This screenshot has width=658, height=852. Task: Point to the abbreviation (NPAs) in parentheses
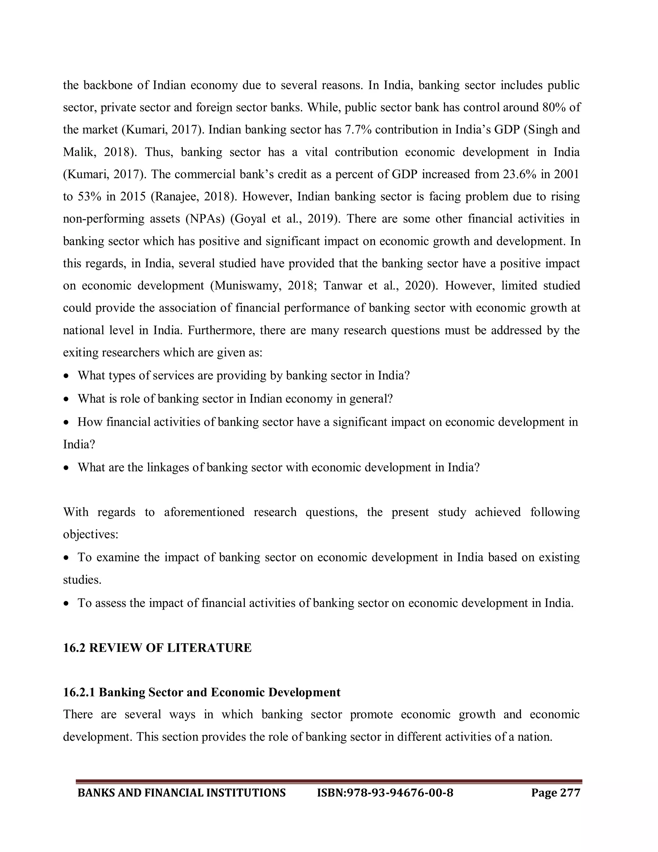[205, 218]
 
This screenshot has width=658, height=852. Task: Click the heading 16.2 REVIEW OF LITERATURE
[157, 648]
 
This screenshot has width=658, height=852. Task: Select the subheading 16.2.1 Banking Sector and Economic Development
[201, 692]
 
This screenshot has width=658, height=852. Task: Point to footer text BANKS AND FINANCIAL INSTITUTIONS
[182, 793]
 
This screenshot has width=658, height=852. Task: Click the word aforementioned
[204, 512]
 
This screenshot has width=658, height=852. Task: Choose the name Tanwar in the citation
[342, 286]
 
